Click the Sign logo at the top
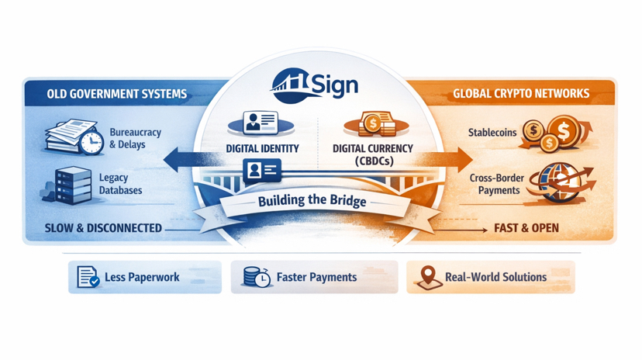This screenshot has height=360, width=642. (316, 82)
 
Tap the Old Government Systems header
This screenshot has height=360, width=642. (116, 94)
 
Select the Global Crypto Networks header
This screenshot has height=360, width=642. (520, 94)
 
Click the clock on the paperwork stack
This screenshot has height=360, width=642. (91, 142)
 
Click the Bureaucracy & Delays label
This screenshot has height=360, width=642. (135, 138)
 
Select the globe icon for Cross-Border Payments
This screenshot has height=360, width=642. (561, 183)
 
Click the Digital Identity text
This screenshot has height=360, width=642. (261, 148)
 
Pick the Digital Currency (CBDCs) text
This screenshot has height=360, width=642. (372, 154)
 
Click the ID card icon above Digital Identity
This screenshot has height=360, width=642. (261, 123)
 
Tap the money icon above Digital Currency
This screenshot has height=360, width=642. (372, 123)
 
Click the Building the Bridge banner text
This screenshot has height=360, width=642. (312, 201)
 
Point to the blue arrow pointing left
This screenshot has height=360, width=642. (178, 161)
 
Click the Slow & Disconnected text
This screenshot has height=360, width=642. (104, 228)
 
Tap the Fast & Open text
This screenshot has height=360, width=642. (526, 228)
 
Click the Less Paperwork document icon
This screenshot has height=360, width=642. (88, 277)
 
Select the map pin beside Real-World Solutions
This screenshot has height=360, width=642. (427, 277)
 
